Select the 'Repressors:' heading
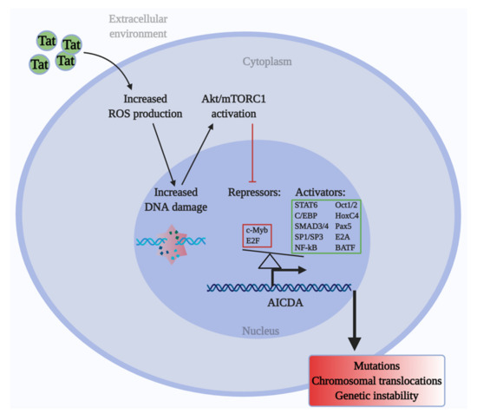[x=256, y=191]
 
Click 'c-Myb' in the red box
[x=258, y=230]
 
